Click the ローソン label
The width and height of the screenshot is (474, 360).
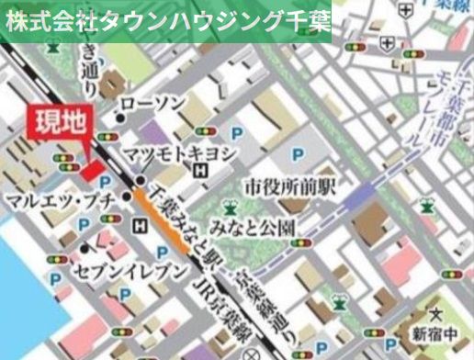pyautogui.click(x=153, y=103)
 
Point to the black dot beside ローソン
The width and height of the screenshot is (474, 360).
pyautogui.click(x=119, y=117)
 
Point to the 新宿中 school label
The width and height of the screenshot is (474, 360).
pyautogui.click(x=434, y=332)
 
